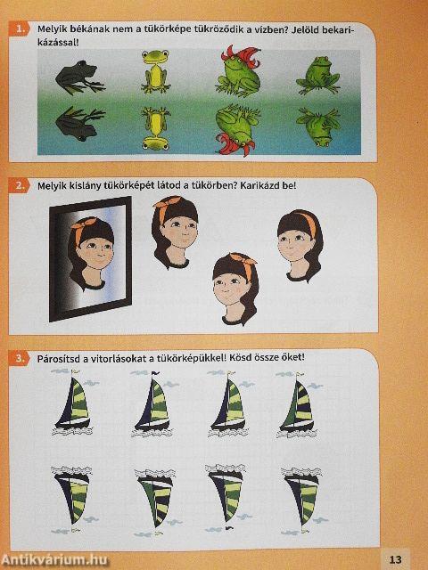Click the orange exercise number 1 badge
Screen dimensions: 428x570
(19, 29)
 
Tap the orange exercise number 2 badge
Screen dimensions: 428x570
(19, 186)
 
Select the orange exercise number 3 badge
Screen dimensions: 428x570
(19, 358)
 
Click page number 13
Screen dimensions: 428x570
(395, 559)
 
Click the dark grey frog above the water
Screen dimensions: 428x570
(80, 77)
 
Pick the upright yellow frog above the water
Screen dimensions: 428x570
(156, 71)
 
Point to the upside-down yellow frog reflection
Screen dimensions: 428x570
(156, 128)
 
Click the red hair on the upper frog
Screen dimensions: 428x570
(240, 56)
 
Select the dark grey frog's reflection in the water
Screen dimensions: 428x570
(80, 124)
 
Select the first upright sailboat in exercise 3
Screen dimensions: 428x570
(73, 403)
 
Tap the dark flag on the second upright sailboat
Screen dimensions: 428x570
(155, 373)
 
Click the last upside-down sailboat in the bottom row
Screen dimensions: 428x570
(302, 500)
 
